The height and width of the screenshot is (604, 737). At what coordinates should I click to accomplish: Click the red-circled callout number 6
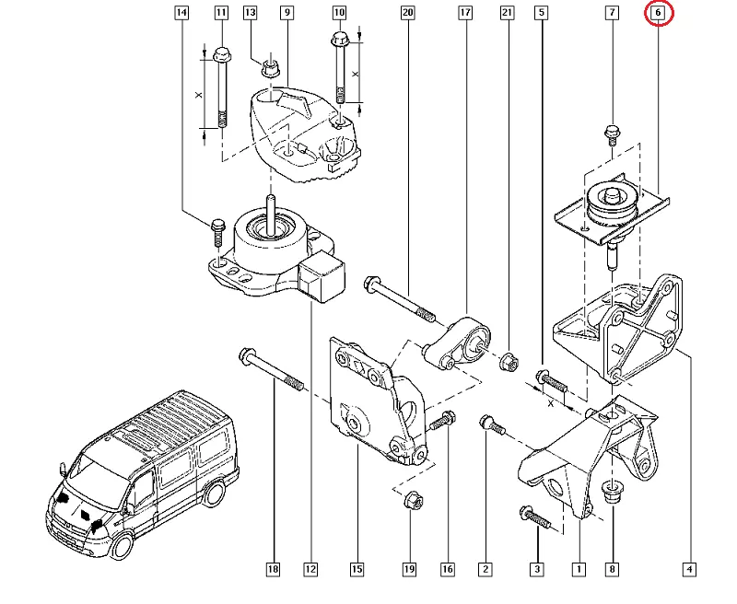coord(659,14)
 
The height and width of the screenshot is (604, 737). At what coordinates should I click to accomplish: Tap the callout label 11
coord(221,14)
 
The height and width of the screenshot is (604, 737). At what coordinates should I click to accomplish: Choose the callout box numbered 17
coord(464,14)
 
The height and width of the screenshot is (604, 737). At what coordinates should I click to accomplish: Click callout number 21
coord(506,14)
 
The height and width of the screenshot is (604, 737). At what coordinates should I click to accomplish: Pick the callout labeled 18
coord(273,570)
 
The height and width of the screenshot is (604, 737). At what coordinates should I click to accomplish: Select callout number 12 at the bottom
coord(310,570)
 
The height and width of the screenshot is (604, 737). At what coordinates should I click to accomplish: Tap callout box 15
coord(357,570)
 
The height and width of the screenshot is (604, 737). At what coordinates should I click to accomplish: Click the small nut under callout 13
coord(271,67)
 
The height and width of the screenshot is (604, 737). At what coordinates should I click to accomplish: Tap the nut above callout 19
coord(412,503)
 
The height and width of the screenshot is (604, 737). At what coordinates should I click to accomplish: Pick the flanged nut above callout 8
coord(611,492)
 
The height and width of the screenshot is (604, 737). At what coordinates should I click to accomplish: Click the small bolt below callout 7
coord(610,134)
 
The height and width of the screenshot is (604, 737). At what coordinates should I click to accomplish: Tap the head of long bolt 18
coord(247,354)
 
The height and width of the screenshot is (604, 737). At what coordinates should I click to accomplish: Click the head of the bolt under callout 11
coord(221,53)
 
